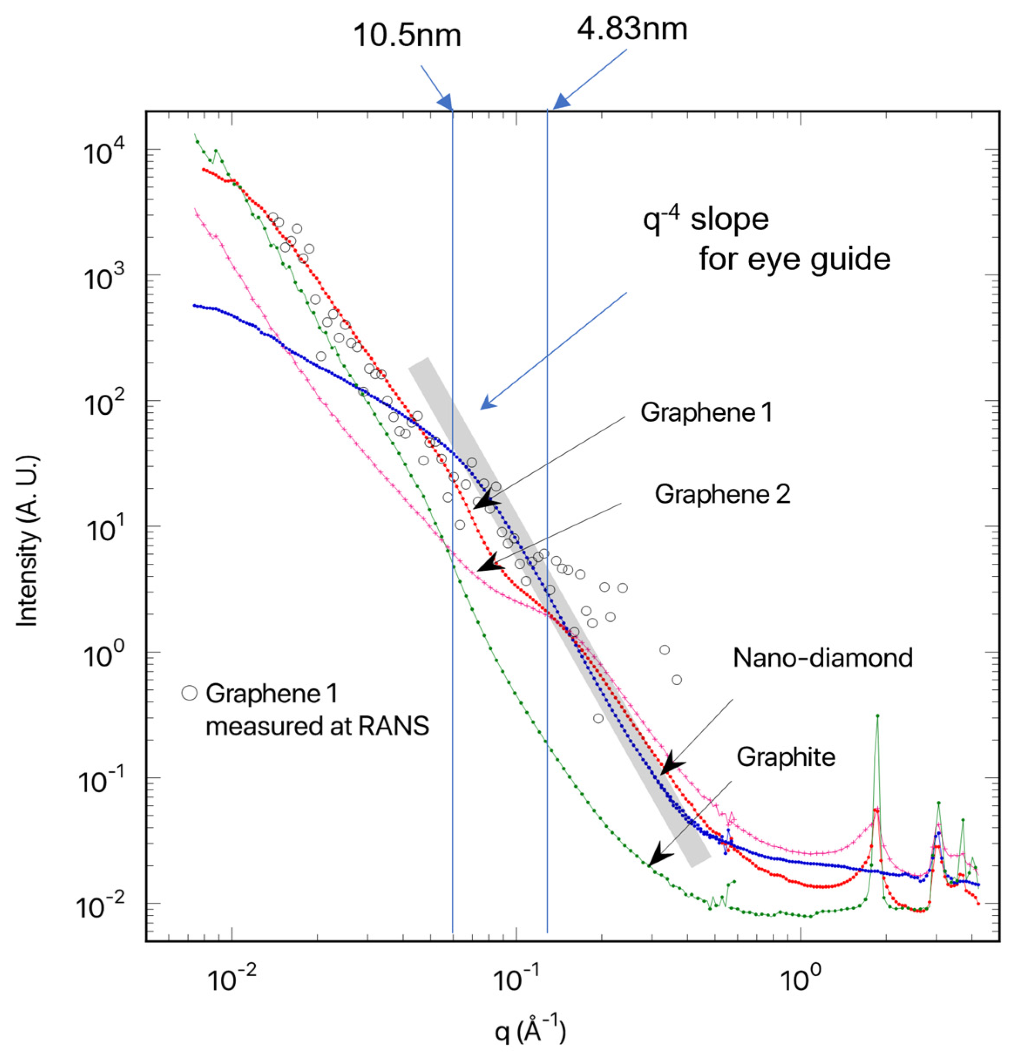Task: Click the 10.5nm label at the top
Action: (407, 36)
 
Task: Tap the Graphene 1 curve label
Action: (706, 412)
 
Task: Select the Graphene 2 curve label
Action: (722, 494)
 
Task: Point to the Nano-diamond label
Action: (822, 657)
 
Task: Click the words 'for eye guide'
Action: (794, 260)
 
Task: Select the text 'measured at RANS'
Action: (317, 726)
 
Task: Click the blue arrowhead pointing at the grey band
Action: (487, 403)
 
